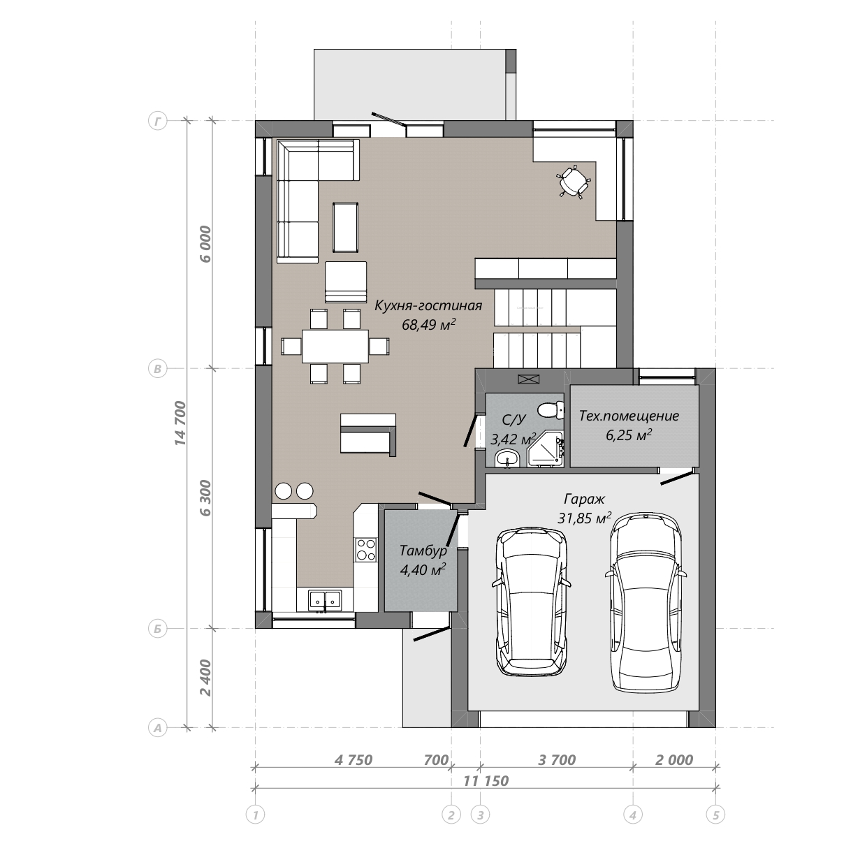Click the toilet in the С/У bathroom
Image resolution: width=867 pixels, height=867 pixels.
(551, 410)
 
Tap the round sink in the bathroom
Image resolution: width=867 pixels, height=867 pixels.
(507, 460)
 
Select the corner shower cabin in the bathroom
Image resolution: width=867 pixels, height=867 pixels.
(546, 449)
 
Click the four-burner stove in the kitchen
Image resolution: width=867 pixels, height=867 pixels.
(366, 549)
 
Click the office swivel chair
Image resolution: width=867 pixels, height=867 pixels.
(574, 182)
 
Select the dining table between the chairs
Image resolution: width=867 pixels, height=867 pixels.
(335, 346)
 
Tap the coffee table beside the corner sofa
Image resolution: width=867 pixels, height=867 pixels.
(346, 227)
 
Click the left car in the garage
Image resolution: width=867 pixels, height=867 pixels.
(531, 602)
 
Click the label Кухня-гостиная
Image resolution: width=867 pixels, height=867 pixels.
(428, 306)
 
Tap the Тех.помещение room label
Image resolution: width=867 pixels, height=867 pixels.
(629, 416)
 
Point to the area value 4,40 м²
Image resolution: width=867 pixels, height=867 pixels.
(423, 569)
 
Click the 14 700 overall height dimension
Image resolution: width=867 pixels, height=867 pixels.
(180, 423)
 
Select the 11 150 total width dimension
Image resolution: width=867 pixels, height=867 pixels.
(486, 780)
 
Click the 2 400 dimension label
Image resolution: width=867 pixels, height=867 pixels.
(205, 678)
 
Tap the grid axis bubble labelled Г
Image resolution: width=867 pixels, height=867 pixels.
(157, 121)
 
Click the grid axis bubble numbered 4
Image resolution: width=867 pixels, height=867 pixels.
(632, 815)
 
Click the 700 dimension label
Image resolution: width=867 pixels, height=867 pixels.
(436, 760)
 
